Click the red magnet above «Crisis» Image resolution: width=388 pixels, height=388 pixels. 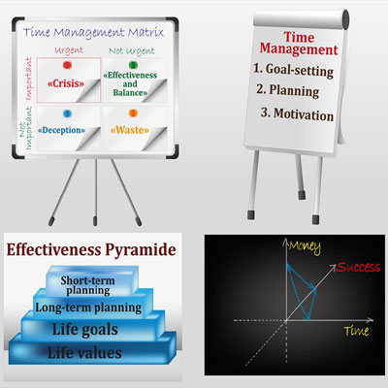click(67, 65)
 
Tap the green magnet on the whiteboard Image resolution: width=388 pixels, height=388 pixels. click(133, 65)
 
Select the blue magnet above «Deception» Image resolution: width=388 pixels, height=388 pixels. click(67, 113)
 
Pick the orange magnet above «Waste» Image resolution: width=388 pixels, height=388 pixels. click(133, 113)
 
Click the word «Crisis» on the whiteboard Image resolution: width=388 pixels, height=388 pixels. click(66, 83)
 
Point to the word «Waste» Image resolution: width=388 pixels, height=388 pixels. click(130, 130)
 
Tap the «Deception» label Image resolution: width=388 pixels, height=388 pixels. click(61, 130)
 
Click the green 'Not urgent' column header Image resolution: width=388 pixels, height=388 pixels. click(132, 51)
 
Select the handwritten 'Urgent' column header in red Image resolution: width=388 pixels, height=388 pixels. click(69, 50)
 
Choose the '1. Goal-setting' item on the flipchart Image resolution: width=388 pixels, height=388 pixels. click(293, 70)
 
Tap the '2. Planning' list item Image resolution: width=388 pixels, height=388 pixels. click(288, 90)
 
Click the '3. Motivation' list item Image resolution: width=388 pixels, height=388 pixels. click(297, 113)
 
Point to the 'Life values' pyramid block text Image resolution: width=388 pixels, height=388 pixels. click(84, 352)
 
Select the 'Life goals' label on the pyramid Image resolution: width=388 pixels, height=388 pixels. click(85, 330)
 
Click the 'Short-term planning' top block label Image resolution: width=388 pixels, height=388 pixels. click(87, 285)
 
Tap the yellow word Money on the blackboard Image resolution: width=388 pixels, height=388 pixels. click(305, 246)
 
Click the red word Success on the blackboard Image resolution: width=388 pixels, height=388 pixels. click(358, 267)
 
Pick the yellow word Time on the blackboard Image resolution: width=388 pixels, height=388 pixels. click(356, 331)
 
